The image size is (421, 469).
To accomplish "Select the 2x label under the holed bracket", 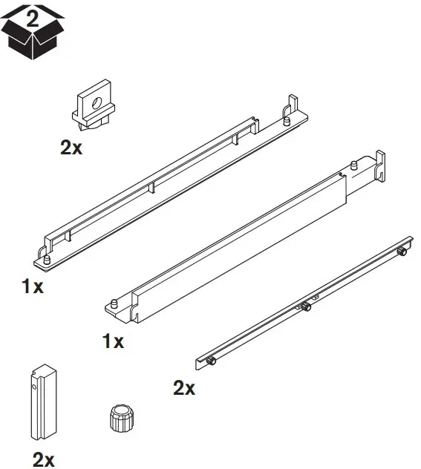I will (71, 147).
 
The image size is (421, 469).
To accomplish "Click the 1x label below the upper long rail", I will (32, 286).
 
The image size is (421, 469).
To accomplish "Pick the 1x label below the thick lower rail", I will (113, 341).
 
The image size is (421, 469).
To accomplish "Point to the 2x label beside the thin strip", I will (183, 387).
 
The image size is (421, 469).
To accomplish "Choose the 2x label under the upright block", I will (44, 459).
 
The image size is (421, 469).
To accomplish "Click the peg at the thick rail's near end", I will (115, 302).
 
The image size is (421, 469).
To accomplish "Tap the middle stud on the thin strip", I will (305, 306).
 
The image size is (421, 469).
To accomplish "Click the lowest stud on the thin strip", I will (212, 361).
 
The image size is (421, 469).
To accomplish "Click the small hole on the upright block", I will (34, 385).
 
